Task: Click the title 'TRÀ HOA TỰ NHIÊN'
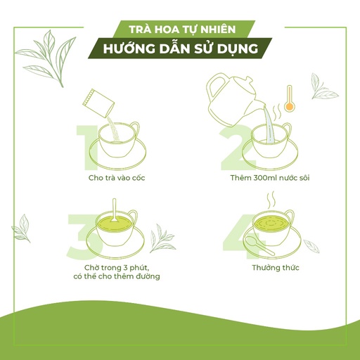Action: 182,30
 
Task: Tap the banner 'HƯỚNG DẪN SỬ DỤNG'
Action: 181,49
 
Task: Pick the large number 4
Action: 241,237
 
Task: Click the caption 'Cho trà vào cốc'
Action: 117,178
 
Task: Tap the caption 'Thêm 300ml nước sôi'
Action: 270,178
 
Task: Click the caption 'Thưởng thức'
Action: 276,268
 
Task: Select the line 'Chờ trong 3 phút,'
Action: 117,268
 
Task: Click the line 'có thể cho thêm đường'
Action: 117,276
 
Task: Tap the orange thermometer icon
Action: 290,98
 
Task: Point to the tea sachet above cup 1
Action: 98,103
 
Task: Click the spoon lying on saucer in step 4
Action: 259,245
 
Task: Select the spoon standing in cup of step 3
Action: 114,210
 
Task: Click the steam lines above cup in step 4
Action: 271,200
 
